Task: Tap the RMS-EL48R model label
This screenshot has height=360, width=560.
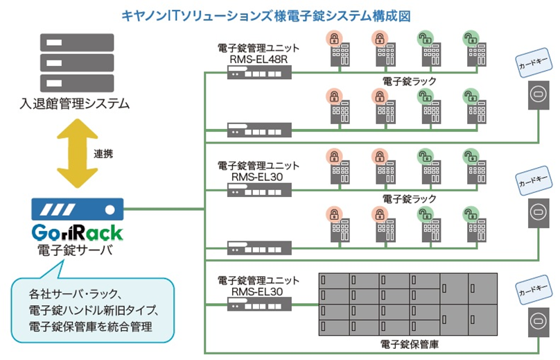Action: (x=258, y=60)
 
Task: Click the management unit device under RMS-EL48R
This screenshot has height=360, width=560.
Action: (x=258, y=72)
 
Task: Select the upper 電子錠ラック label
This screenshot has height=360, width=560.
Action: (x=410, y=81)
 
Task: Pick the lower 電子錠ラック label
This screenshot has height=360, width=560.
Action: (x=410, y=198)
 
